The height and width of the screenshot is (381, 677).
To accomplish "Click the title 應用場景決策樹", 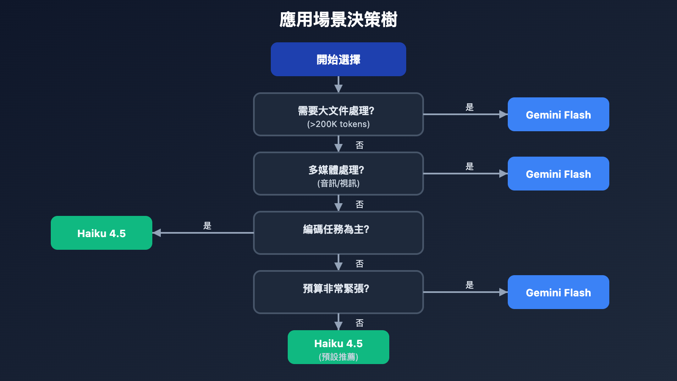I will coord(338,20).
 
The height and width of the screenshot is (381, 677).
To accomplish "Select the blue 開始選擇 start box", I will coord(338,59).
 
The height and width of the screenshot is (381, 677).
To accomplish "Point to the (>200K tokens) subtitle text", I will coord(338,124).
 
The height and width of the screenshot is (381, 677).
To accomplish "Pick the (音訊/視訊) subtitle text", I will coord(338,183).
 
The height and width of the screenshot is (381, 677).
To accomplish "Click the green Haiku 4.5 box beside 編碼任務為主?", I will coord(102,233).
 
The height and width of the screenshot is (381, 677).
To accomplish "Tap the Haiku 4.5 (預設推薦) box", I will coord(338,347).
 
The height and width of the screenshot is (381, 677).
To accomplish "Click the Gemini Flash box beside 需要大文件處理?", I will coord(558,114).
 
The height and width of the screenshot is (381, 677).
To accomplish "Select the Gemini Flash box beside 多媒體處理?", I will coord(558,174).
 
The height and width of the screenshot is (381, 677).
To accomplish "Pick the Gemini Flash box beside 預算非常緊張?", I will coord(558,292).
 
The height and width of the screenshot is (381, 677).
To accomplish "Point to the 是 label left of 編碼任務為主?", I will coord(207,226).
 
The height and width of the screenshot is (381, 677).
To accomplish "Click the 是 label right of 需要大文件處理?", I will coord(470,107).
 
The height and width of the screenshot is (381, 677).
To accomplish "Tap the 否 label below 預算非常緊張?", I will coord(360,323).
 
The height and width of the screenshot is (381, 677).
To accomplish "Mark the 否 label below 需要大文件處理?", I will coord(360,145).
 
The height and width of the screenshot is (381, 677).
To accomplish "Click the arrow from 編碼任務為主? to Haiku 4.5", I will coord(203,233).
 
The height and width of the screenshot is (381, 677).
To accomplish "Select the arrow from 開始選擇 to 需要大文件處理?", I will coord(338,84).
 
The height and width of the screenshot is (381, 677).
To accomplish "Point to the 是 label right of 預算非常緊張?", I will coord(470,285).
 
